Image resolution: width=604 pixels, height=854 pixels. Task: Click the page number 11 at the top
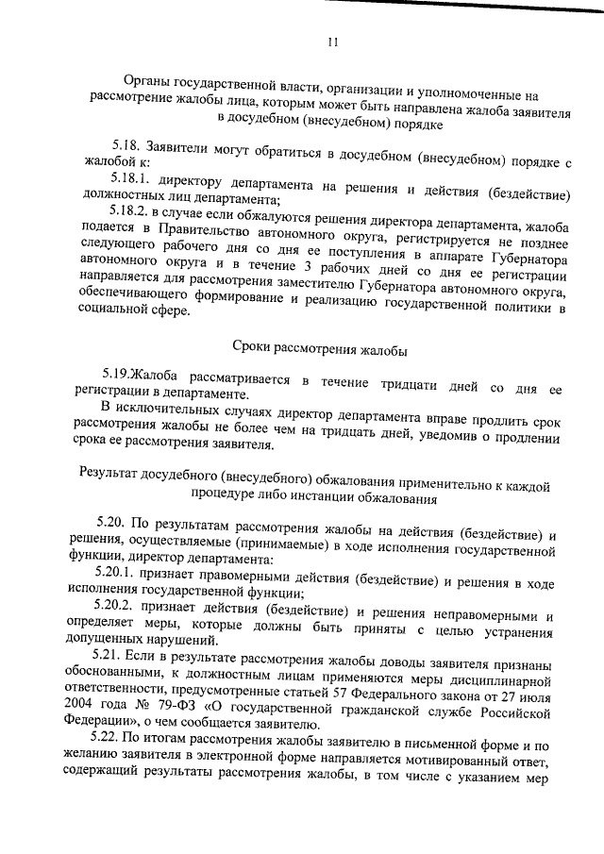[x=332, y=42]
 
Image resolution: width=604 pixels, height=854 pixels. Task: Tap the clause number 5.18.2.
[x=132, y=214]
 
